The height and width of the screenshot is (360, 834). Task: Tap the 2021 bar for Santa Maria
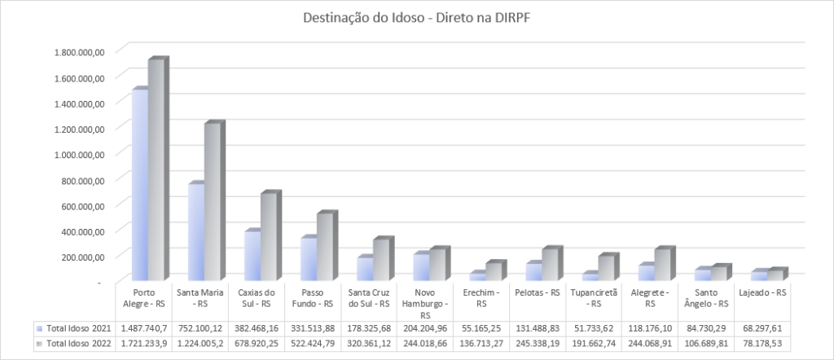pos(196,233)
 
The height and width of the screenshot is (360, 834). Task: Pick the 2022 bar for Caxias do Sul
pos(269,238)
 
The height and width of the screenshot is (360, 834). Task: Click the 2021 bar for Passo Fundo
pos(309,259)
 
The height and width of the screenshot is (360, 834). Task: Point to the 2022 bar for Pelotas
pos(550,265)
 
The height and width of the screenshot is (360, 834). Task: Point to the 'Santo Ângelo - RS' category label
pos(707,297)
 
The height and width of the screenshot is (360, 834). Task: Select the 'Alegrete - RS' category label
pos(650,297)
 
